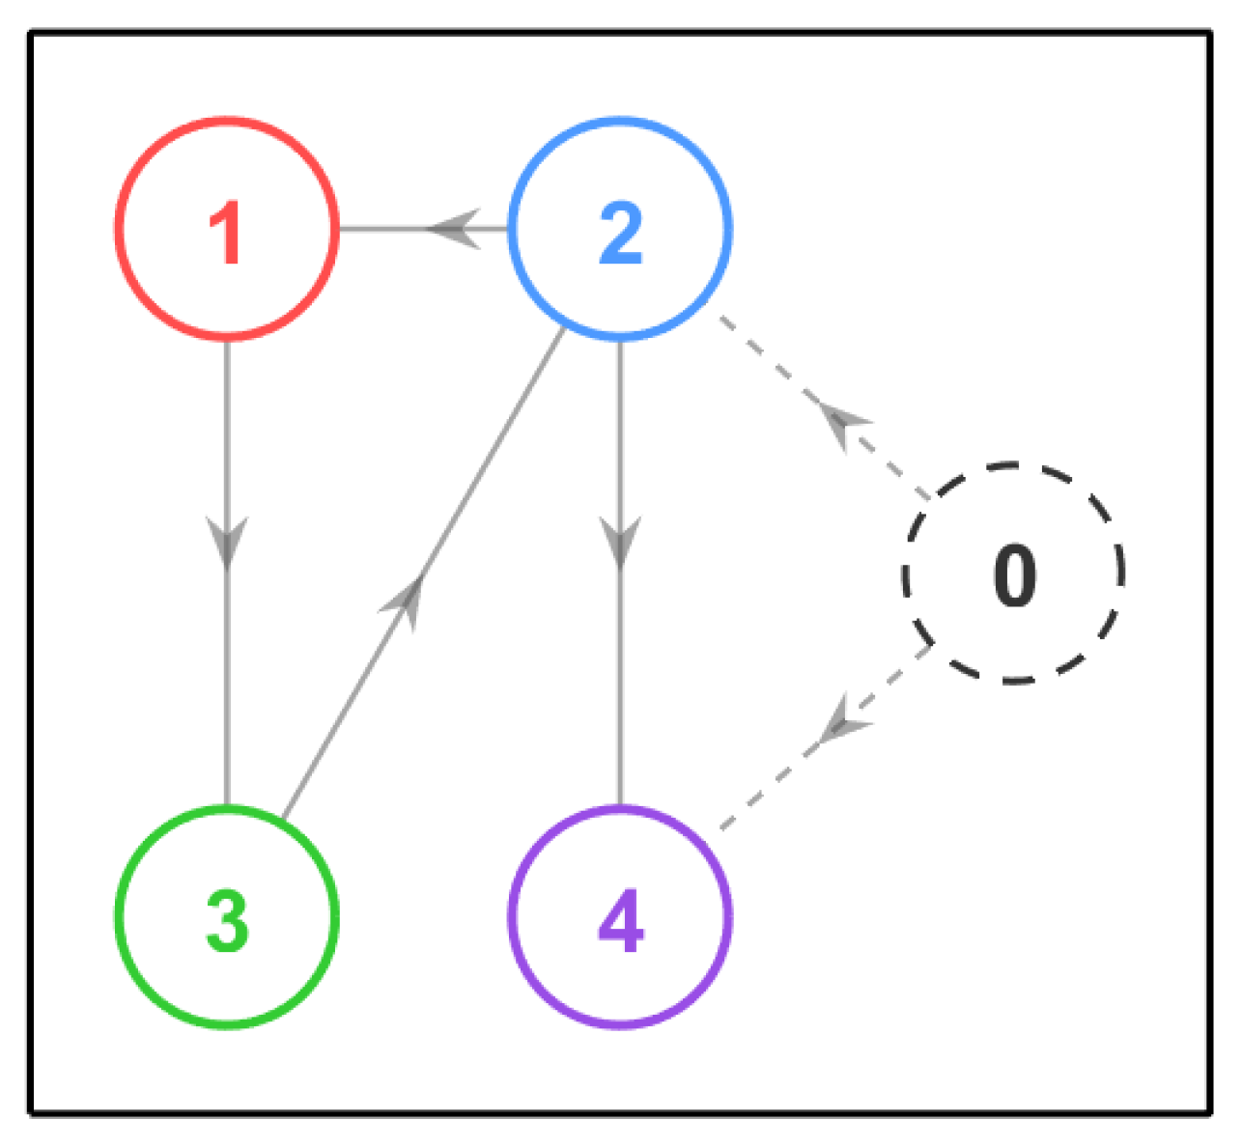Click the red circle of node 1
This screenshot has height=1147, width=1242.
[227, 119]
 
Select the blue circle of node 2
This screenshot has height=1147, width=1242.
[620, 119]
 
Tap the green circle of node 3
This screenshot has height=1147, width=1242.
[227, 808]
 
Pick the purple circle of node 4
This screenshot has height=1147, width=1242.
[620, 808]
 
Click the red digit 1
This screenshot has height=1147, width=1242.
[226, 233]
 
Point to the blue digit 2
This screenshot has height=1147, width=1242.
[621, 233]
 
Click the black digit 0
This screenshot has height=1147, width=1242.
[1014, 575]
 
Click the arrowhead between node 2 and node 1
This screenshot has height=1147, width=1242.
[454, 229]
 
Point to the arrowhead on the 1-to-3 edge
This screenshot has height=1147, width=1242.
[227, 543]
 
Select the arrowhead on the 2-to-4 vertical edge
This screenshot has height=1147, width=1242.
[620, 543]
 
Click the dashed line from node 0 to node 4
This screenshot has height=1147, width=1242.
[826, 738]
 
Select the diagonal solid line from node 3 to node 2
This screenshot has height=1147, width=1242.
[423, 573]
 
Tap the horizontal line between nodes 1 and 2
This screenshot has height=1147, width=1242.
[423, 229]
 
